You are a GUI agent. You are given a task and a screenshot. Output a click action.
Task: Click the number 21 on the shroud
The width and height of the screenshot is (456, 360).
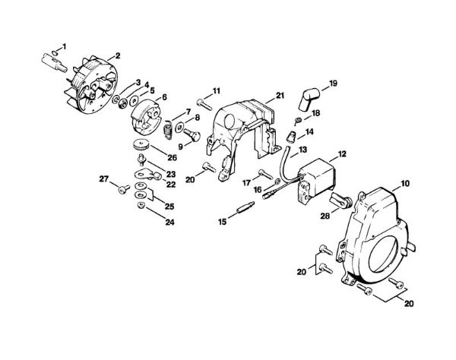pos(280,95)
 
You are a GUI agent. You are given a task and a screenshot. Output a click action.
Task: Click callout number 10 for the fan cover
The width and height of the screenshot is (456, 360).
pos(405,183)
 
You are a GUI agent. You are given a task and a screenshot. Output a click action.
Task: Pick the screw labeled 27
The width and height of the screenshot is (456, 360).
pos(121,188)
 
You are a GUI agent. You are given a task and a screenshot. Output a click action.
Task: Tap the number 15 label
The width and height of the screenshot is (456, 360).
pos(223,221)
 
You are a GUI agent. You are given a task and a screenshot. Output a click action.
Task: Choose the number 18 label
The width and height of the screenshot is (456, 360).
pos(316,113)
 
